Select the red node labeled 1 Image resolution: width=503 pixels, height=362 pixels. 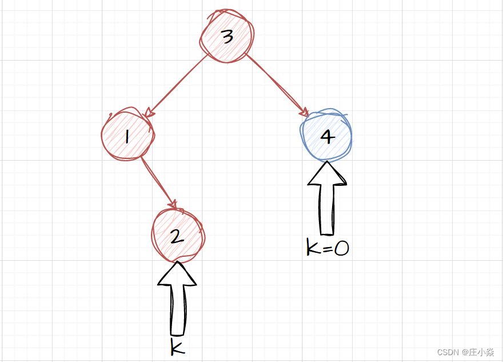[x=127, y=135]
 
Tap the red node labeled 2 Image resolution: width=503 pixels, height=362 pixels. [x=178, y=234]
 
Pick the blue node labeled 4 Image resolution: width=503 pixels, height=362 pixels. [x=326, y=135]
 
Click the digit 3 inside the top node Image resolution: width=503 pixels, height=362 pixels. [x=227, y=37]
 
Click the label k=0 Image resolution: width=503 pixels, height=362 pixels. [x=328, y=248]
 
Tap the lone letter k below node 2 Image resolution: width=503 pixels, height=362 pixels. [x=178, y=347]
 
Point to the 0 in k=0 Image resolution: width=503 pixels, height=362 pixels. [x=341, y=249]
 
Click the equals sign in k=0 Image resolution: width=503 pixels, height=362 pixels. [x=326, y=249]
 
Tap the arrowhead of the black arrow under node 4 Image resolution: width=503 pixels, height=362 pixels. [x=327, y=174]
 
